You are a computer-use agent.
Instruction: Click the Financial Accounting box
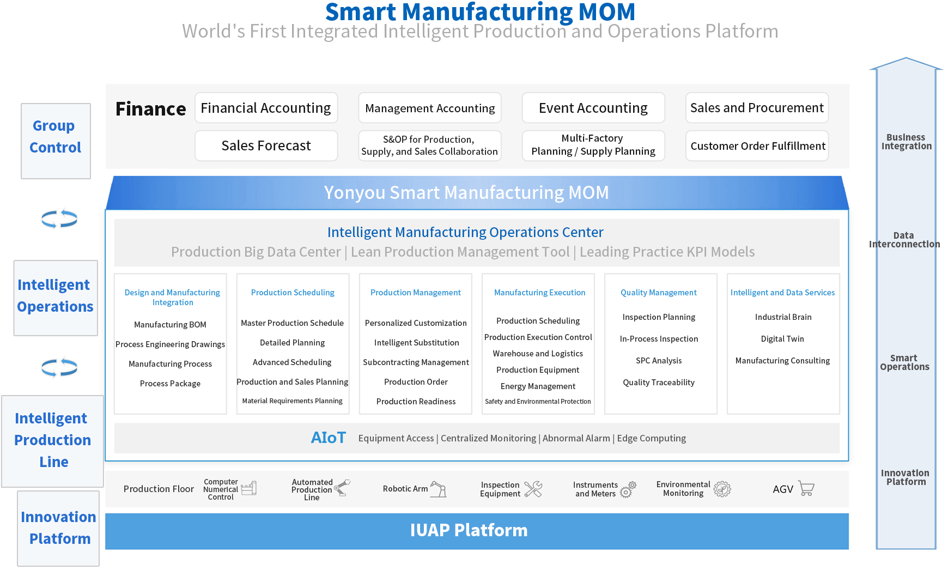(266, 108)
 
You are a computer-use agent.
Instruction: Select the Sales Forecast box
(266, 145)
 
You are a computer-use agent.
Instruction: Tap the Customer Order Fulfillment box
(757, 145)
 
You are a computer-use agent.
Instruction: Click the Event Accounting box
(593, 108)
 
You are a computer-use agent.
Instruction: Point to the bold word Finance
(151, 109)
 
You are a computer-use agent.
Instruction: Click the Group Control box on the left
(56, 141)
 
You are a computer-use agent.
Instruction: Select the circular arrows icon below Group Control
(59, 219)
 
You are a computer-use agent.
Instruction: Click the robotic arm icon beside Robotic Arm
(438, 489)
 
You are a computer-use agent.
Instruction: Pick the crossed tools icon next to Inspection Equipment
(533, 489)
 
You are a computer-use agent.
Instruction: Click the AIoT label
(329, 438)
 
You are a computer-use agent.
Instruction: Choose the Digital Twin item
(782, 339)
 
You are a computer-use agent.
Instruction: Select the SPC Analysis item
(659, 361)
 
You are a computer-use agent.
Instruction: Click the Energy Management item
(538, 386)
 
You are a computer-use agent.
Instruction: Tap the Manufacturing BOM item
(170, 325)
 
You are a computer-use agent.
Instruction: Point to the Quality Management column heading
(659, 293)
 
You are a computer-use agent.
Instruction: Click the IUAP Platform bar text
(469, 530)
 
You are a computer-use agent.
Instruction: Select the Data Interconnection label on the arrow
(904, 240)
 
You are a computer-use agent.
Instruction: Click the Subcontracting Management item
(416, 362)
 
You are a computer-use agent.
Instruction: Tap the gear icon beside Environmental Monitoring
(722, 489)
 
